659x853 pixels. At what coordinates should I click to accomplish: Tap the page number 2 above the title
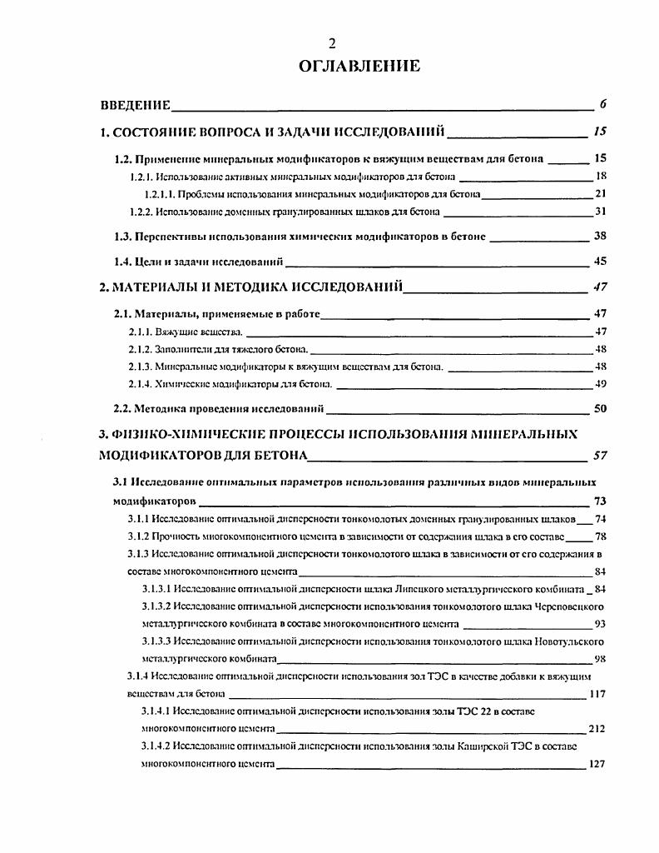click(331, 43)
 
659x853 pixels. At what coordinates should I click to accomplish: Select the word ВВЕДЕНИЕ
click(135, 105)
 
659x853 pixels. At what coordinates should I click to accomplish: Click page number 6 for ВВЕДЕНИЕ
click(602, 104)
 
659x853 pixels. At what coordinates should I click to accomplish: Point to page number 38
click(600, 236)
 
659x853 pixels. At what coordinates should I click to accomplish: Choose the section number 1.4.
click(122, 262)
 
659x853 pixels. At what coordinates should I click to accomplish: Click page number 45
click(600, 262)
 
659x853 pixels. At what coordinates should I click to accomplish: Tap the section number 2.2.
click(122, 408)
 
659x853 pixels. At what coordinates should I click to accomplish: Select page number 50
click(600, 408)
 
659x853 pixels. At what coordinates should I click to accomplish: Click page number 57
click(599, 456)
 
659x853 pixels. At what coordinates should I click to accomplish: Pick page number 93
click(600, 624)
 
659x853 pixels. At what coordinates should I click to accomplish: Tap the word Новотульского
click(567, 641)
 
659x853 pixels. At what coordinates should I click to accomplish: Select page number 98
click(600, 658)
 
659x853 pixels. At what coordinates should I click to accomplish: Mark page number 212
click(597, 728)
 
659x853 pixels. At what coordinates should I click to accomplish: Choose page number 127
click(597, 763)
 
